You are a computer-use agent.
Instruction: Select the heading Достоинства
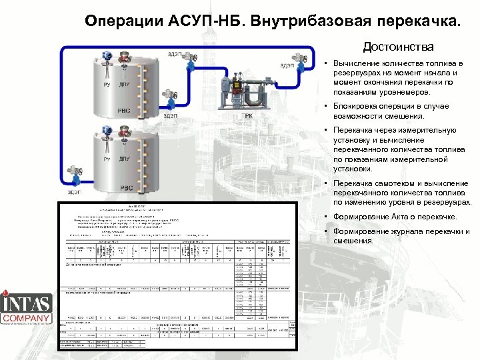click(398, 47)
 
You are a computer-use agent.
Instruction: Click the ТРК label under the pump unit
click(247, 115)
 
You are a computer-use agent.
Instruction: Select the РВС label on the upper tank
click(125, 111)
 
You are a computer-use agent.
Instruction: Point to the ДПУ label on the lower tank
click(124, 160)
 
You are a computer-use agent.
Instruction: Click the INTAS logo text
click(27, 304)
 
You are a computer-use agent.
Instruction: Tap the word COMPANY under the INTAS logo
click(27, 319)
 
